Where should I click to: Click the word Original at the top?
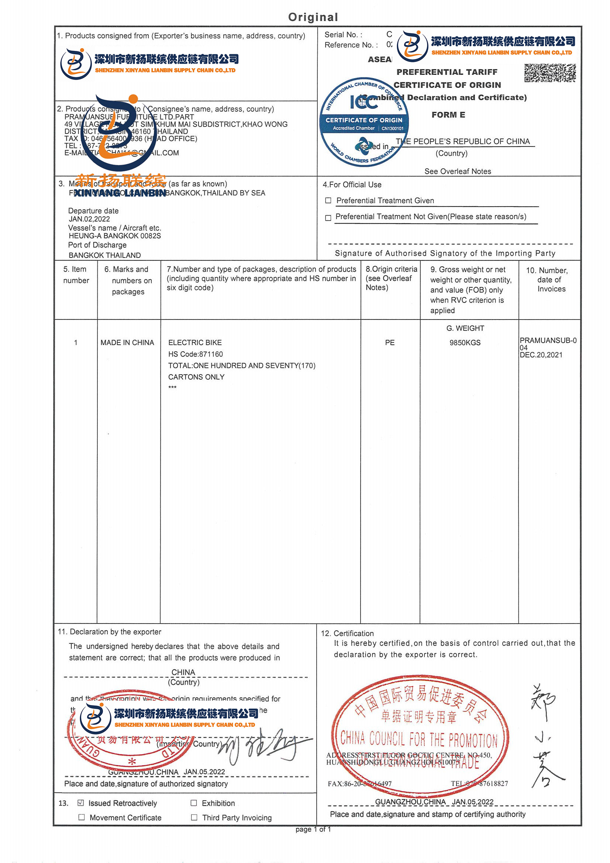313,17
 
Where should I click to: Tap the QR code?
549,73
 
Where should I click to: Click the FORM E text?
448,115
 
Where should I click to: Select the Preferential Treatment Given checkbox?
328,201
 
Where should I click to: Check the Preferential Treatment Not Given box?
328,218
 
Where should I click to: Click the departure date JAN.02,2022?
89,219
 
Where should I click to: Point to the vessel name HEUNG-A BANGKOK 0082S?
115,236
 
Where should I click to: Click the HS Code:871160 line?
196,354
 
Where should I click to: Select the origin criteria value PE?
390,343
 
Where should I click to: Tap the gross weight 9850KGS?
465,343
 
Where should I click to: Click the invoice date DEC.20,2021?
541,355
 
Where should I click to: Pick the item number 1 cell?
76,343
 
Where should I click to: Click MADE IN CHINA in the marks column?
127,343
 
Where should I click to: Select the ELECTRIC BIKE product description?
195,343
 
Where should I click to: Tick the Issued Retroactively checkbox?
80,803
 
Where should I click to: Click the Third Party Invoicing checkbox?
194,818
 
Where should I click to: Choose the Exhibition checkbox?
194,803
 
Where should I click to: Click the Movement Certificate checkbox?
82,818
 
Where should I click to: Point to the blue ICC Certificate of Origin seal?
364,122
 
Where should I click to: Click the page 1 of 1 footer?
313,829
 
